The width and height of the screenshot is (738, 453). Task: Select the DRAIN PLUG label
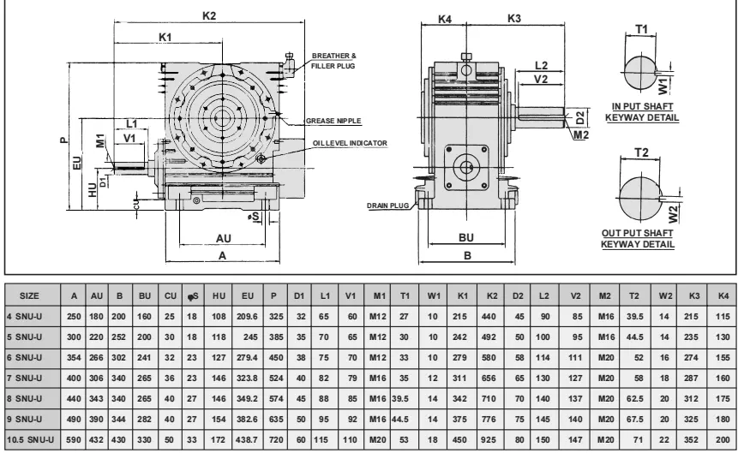click(x=385, y=206)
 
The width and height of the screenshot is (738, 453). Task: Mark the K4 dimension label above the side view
click(x=445, y=18)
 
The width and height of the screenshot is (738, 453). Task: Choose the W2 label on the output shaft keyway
click(x=674, y=209)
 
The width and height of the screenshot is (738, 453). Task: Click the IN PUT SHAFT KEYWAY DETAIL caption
click(x=642, y=111)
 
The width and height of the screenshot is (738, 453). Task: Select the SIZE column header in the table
click(x=28, y=295)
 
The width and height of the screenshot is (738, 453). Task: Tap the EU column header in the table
click(x=249, y=295)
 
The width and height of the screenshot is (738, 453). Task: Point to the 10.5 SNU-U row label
click(x=31, y=438)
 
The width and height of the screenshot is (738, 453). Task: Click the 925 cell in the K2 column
click(x=490, y=438)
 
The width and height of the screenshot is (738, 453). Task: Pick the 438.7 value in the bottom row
click(x=249, y=438)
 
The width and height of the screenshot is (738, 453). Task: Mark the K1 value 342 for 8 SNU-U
click(x=463, y=397)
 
